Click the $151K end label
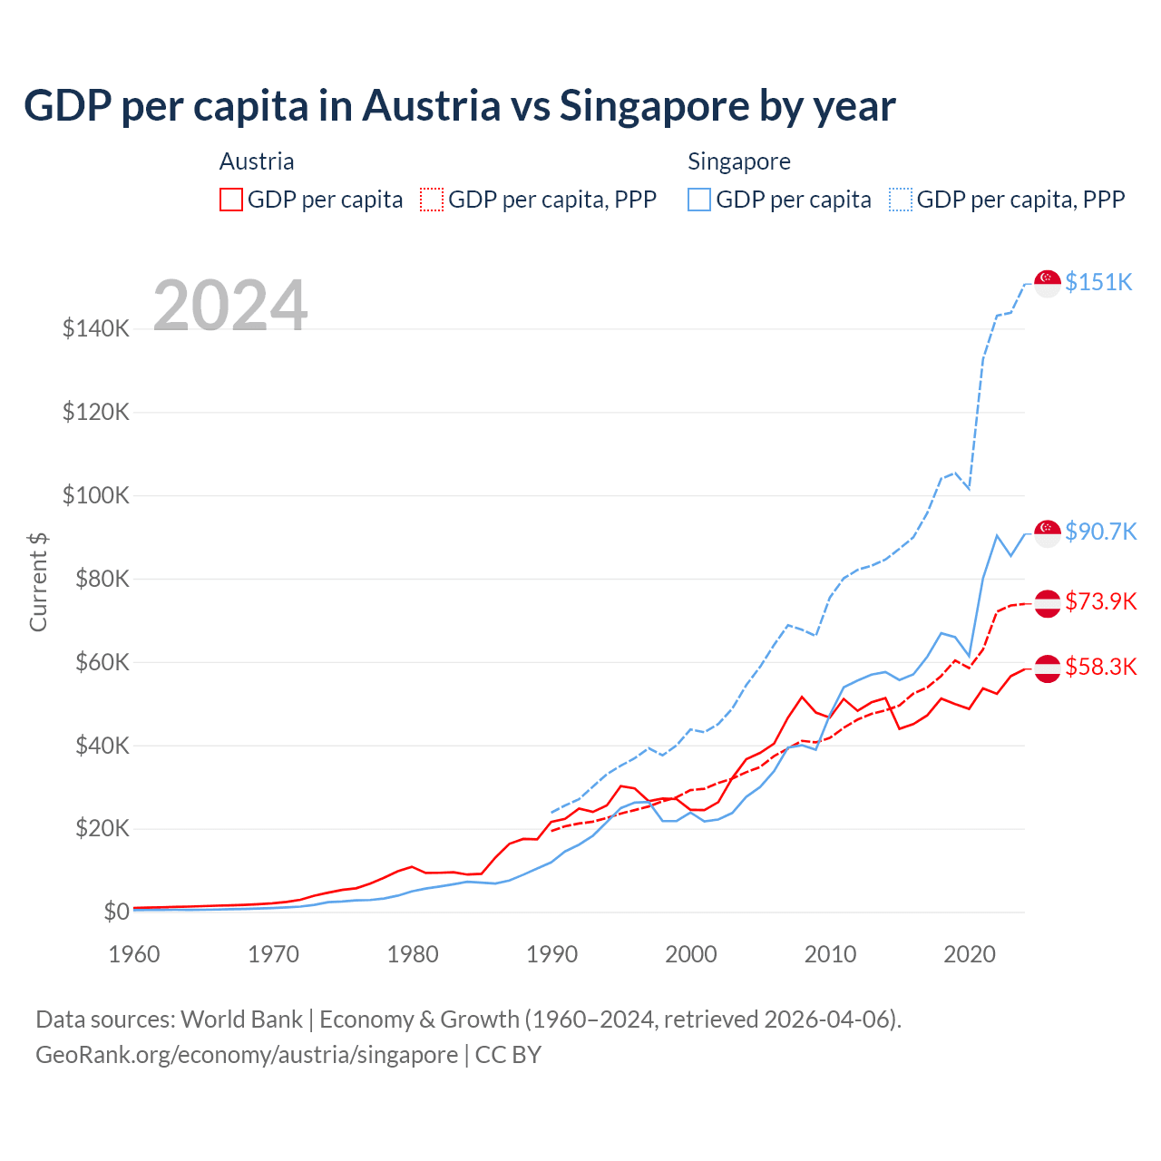1098,282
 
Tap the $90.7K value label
1100,531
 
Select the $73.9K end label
1100,601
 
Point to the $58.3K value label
1100,667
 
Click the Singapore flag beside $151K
1048,283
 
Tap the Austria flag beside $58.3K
1048,668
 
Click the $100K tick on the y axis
96,495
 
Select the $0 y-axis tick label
116,912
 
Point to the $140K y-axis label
96,328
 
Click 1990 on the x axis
551,954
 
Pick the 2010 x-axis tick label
830,954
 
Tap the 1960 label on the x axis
134,954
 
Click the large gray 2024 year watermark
230,306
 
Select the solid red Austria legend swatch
231,200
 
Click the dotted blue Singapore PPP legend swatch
901,200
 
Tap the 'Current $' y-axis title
38,582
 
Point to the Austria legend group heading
257,161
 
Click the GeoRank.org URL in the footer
247,1055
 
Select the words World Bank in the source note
241,1020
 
